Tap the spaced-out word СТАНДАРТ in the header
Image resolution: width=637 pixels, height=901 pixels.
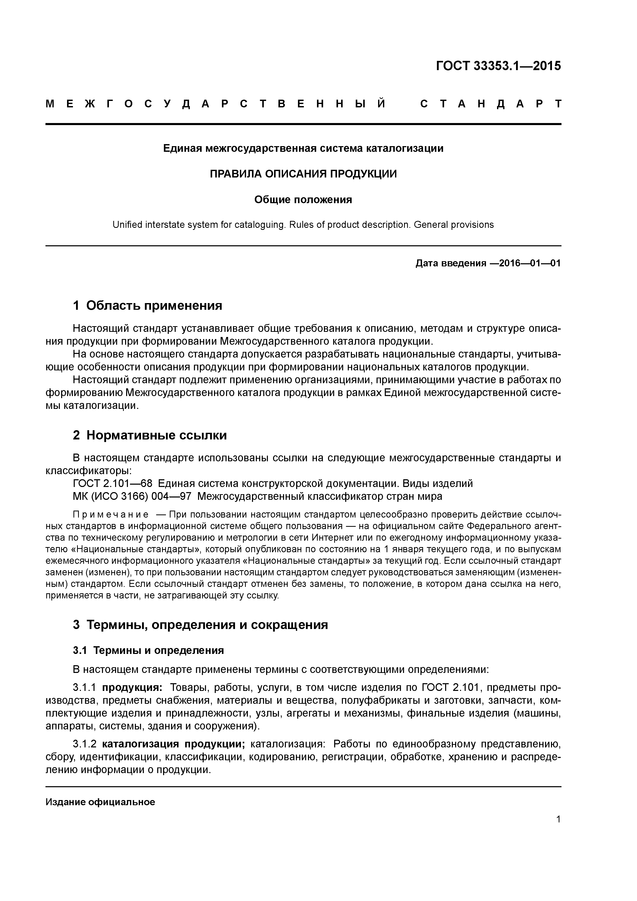pyautogui.click(x=491, y=104)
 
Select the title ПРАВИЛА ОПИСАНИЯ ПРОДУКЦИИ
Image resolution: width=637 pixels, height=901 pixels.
pyautogui.click(x=303, y=174)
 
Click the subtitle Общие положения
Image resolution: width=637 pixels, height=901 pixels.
pyautogui.click(x=303, y=200)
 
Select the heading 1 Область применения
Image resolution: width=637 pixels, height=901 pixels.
pyautogui.click(x=148, y=305)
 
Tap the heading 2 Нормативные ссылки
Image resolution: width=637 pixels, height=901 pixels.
pyautogui.click(x=150, y=435)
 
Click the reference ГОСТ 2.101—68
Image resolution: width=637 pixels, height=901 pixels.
pyautogui.click(x=113, y=483)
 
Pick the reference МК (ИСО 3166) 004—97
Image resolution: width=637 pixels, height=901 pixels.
pyautogui.click(x=132, y=496)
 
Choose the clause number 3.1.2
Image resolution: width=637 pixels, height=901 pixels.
pyautogui.click(x=85, y=744)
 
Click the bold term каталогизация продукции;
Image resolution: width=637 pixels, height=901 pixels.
pyautogui.click(x=173, y=744)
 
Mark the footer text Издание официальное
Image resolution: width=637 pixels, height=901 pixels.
pyautogui.click(x=100, y=802)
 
